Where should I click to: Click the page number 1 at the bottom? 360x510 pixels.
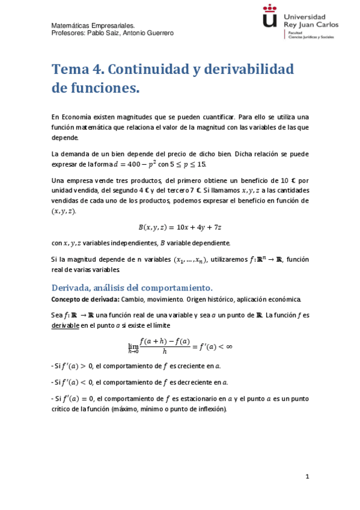coord(307,477)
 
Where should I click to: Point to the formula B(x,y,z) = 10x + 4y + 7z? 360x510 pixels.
coord(180,227)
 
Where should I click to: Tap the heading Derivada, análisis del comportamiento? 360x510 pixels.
coord(132,287)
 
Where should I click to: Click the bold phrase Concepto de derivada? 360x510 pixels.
coord(85,299)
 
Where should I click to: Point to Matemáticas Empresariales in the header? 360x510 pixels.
coord(93,26)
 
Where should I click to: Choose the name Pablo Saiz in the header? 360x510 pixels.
coord(103,34)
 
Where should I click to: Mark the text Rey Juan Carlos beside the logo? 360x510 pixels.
coord(314,25)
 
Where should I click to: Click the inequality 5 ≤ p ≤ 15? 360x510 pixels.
coord(192,164)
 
